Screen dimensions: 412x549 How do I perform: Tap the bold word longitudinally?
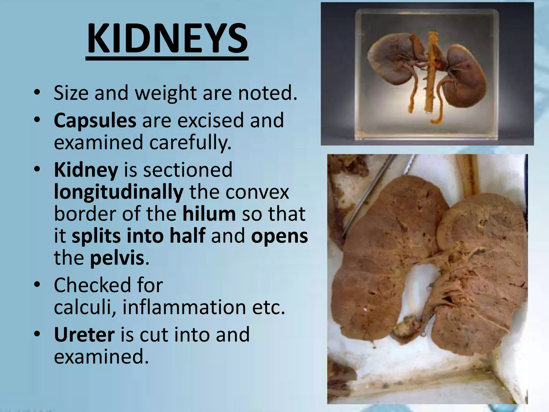point(119,192)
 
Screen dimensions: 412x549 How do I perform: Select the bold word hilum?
point(209,214)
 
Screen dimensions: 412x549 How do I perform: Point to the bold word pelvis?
point(117,258)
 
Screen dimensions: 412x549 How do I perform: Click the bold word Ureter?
point(84,335)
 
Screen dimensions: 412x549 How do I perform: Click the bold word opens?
point(280,236)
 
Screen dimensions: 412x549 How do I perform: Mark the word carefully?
point(190,142)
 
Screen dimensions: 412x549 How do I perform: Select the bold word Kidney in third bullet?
point(86,170)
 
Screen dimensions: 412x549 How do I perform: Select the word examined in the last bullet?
point(101,357)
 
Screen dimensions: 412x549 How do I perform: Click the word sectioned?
point(178,170)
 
